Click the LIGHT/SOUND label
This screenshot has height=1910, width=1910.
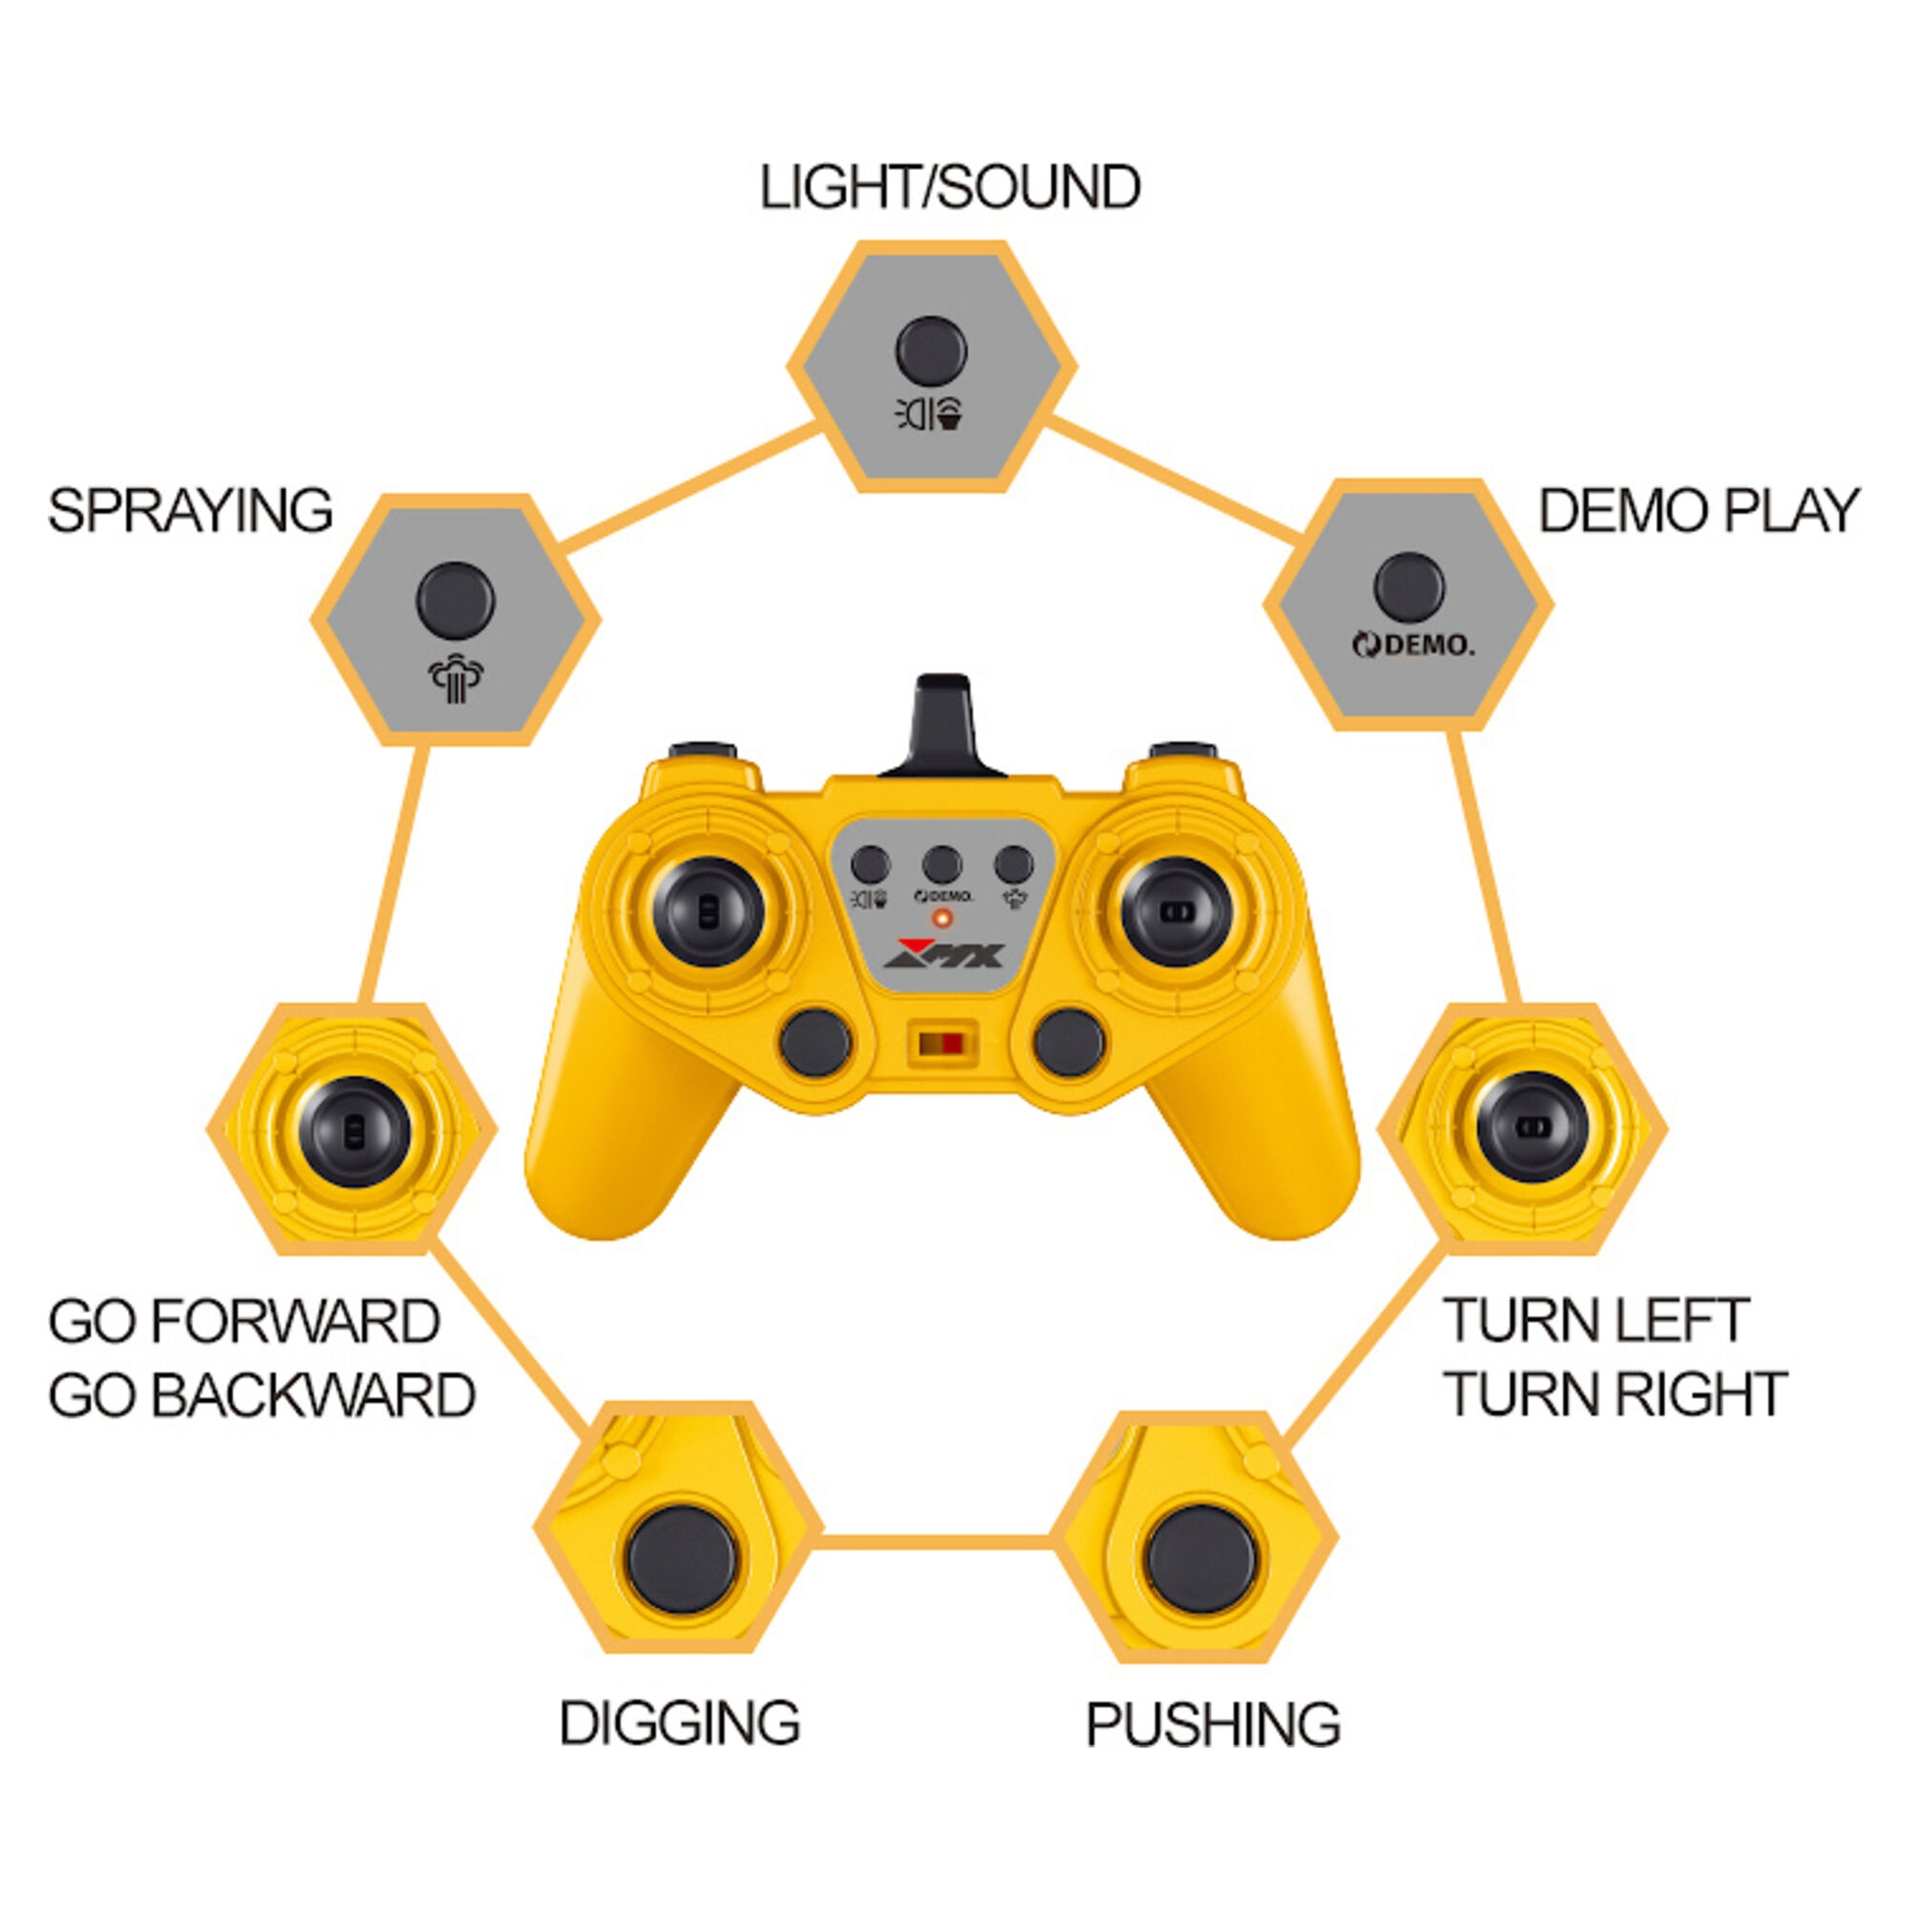(950, 187)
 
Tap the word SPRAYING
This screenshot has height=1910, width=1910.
(191, 511)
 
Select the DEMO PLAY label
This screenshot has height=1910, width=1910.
(1698, 511)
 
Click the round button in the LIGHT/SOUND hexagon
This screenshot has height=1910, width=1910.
(931, 350)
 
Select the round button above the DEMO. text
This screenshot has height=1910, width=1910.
(1409, 588)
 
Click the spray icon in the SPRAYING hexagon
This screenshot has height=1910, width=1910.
(456, 679)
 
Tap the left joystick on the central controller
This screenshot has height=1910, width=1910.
(709, 911)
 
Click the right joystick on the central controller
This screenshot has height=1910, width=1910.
(1177, 911)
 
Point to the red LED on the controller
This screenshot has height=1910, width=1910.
(943, 920)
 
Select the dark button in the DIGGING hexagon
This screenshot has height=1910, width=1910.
(681, 1561)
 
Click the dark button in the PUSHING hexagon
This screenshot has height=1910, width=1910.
(1201, 1561)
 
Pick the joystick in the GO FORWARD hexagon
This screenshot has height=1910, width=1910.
(354, 1132)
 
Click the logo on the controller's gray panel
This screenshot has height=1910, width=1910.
(944, 953)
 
